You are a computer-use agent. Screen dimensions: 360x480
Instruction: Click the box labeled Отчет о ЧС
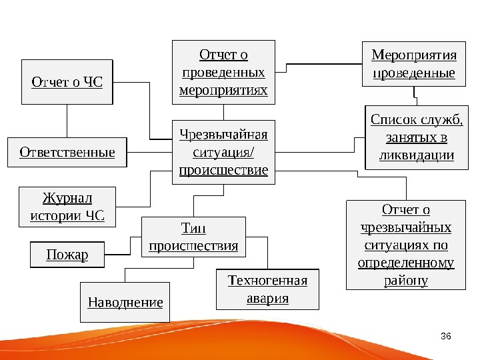point(67,82)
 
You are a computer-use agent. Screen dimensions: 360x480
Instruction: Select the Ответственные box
point(67,152)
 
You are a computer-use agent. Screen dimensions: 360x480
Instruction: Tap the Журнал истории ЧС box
point(67,207)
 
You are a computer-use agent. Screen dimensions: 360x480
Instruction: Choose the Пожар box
point(67,255)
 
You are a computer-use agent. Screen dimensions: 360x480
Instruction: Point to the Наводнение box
point(125,302)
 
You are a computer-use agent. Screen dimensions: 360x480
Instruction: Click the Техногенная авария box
point(267,289)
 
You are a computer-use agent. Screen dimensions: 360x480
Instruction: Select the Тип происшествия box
point(193,237)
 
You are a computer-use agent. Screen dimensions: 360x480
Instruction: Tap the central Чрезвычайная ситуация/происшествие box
point(223,152)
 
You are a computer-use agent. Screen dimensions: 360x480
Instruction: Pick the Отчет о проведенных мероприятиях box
point(223,71)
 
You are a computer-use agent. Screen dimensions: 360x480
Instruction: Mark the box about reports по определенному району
point(405,245)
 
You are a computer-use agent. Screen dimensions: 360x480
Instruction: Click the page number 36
point(447,335)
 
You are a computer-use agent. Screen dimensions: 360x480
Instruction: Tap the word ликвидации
point(416,156)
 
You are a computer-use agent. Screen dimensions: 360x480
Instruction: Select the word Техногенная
point(267,280)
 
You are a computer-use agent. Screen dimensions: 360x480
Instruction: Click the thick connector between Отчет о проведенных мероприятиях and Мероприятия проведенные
point(323,64)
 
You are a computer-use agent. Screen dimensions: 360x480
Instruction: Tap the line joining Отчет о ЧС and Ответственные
point(67,121)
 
